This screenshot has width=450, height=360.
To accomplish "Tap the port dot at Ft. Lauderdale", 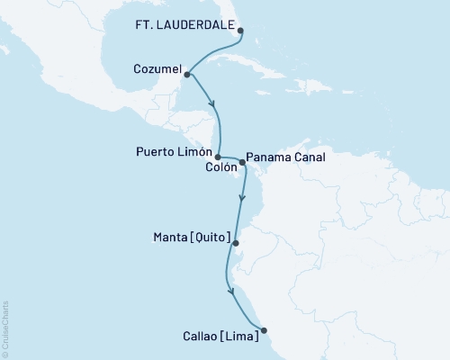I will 240,31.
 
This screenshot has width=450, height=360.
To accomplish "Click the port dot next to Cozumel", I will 186,76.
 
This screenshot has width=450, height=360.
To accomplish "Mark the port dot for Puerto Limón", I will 218,157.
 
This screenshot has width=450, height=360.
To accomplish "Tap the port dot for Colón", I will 242,164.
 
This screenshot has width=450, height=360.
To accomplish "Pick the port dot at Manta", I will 236,243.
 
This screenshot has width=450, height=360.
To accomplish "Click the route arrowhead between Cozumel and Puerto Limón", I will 213,106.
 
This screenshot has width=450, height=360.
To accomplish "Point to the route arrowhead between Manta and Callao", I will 232,292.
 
